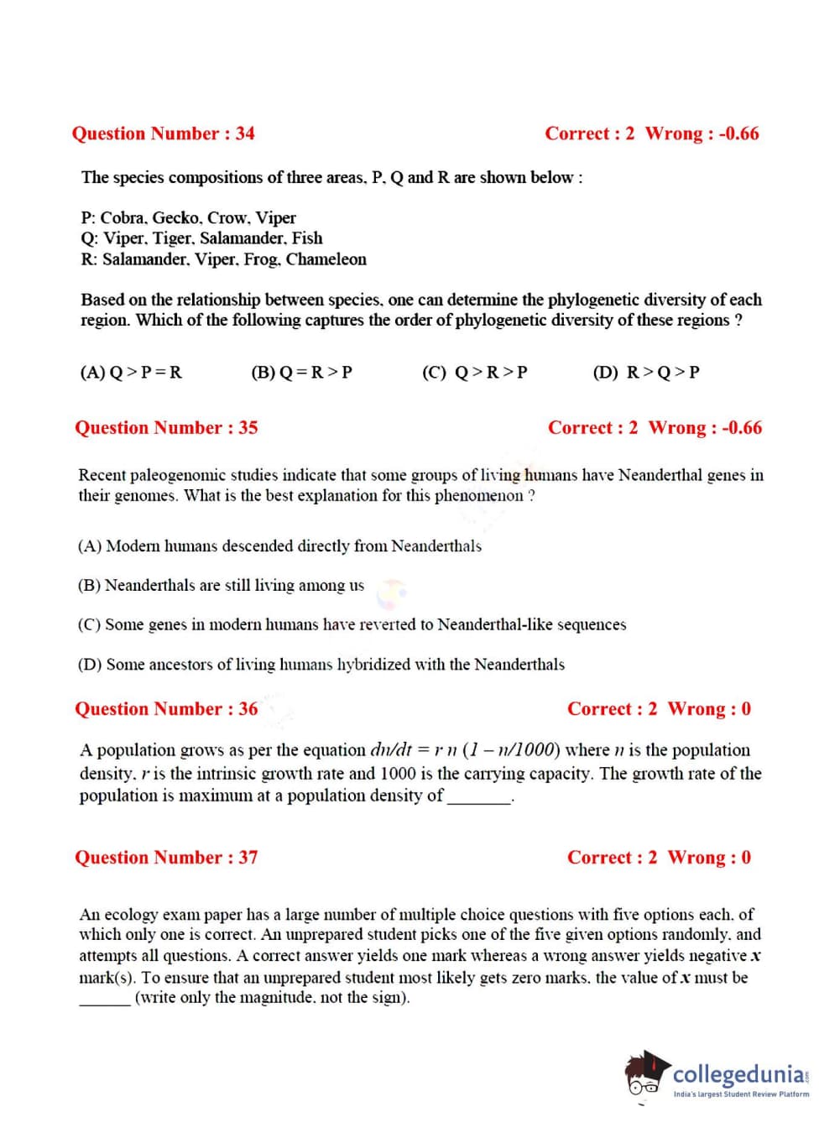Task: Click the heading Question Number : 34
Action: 163,133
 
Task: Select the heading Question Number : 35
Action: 166,428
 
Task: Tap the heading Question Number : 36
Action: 166,709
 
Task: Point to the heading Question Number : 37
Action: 166,858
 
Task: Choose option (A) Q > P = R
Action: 131,372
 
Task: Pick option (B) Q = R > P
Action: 302,372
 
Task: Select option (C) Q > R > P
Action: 475,372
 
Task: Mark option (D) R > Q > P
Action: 646,372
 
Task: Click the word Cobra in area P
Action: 123,218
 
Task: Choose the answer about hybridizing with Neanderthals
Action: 321,665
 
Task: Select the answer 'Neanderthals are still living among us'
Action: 222,586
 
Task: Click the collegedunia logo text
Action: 739,1075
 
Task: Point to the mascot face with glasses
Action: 644,1077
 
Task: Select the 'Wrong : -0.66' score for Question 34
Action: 702,133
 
